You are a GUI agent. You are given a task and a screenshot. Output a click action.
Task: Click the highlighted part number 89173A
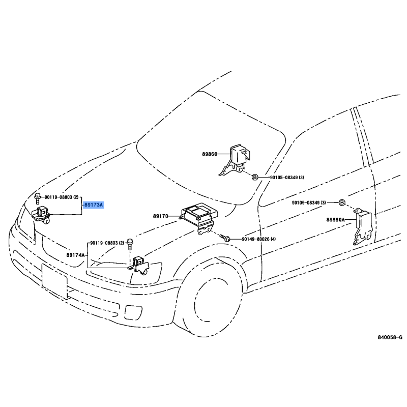pyautogui.click(x=94, y=205)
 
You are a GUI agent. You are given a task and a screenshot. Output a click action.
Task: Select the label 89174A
pyautogui.click(x=75, y=255)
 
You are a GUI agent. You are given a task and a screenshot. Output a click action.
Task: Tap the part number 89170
pyautogui.click(x=160, y=216)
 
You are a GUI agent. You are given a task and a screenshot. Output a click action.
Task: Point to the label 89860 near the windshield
pyautogui.click(x=210, y=154)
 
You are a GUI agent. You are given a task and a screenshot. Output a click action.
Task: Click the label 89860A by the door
pyautogui.click(x=335, y=220)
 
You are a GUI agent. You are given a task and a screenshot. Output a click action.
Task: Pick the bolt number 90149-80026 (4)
pyautogui.click(x=258, y=239)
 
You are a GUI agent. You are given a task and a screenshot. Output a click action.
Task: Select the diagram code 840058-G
pyautogui.click(x=390, y=337)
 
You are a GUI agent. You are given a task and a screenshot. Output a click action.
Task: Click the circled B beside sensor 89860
pyautogui.click(x=255, y=177)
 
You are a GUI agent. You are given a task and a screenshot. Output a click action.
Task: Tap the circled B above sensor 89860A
pyautogui.click(x=342, y=202)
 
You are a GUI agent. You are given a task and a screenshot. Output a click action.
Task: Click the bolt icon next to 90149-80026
pyautogui.click(x=225, y=238)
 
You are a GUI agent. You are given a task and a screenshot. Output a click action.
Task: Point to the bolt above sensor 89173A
pyautogui.click(x=38, y=198)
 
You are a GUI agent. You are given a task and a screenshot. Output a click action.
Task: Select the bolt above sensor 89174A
pyautogui.click(x=129, y=244)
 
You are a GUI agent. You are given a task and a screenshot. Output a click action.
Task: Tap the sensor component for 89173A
pyautogui.click(x=41, y=215)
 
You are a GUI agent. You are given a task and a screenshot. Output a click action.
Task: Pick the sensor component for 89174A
pyautogui.click(x=139, y=266)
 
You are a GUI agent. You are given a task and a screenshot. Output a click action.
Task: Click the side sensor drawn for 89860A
pyautogui.click(x=362, y=226)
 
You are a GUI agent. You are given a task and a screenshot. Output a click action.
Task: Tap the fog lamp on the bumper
pyautogui.click(x=133, y=312)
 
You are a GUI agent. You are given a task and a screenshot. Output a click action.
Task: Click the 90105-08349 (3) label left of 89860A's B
pyautogui.click(x=309, y=202)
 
